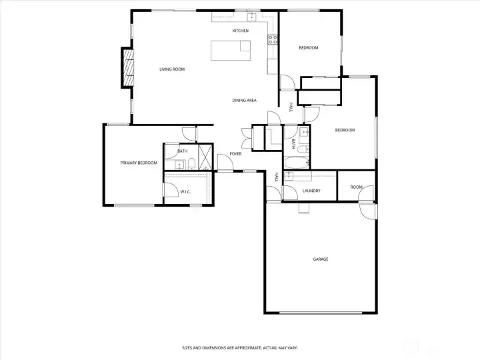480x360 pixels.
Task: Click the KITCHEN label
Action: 240,31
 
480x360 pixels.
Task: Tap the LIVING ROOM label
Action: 171,69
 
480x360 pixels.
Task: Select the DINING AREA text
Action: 244,101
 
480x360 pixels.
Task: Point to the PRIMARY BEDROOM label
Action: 138,163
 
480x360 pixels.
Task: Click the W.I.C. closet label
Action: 185,192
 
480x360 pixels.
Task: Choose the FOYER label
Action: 235,154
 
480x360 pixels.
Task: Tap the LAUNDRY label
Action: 311,191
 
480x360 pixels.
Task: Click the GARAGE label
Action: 321,259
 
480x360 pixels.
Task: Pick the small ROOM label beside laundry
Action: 357,187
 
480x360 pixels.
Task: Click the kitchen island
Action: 231,50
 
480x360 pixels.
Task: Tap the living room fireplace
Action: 127,67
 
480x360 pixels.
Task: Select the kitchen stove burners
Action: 273,39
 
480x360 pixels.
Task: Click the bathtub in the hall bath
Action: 297,163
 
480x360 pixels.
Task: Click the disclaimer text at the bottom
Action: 239,347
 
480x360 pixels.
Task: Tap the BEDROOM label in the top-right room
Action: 308,48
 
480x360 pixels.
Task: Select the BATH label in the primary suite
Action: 182,151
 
